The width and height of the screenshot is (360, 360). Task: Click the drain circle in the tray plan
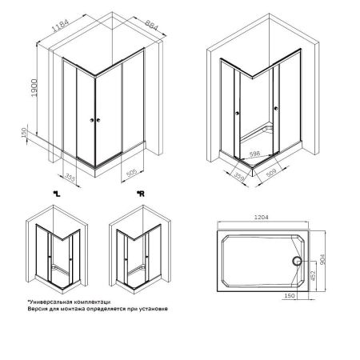point(298,260)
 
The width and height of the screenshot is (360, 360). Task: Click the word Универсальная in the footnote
point(50,299)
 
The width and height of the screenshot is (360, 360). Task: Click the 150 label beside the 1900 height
point(26,131)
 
